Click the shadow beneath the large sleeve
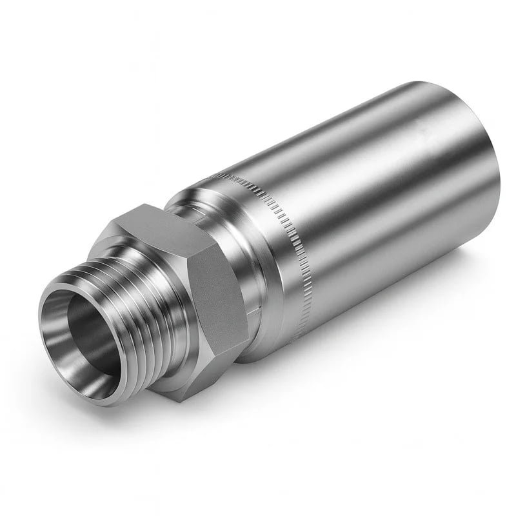click(x=387, y=335)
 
